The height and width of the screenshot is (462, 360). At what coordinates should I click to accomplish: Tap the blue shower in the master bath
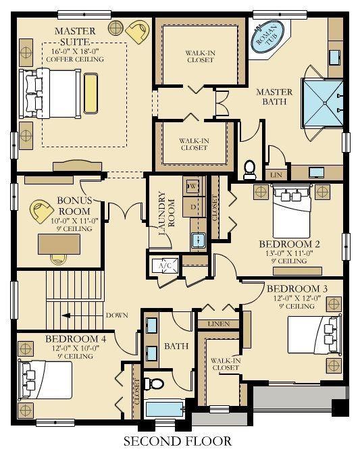(x=323, y=103)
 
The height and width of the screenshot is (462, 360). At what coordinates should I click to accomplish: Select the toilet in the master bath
(x=250, y=170)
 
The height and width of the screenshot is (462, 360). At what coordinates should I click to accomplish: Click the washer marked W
(x=193, y=186)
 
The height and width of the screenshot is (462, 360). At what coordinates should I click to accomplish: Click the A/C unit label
(x=165, y=265)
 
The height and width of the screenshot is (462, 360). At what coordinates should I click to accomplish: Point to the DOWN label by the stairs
(x=118, y=315)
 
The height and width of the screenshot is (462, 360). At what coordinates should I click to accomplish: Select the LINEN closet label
(x=219, y=324)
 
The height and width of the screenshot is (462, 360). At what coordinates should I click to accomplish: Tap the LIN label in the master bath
(x=276, y=175)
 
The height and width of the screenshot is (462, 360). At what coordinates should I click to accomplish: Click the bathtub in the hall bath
(x=165, y=409)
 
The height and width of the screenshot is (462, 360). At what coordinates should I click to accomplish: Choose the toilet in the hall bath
(x=154, y=384)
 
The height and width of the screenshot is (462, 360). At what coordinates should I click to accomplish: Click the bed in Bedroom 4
(x=46, y=380)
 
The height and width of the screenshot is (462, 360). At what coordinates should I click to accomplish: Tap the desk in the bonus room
(x=59, y=245)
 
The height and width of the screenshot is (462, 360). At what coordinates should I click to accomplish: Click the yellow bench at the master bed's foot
(x=91, y=93)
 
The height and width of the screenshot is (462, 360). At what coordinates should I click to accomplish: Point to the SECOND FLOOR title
(x=178, y=441)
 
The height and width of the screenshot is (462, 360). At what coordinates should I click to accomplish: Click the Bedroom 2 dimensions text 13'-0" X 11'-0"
(x=289, y=253)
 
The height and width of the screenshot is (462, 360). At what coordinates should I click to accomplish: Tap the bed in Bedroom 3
(x=315, y=335)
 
